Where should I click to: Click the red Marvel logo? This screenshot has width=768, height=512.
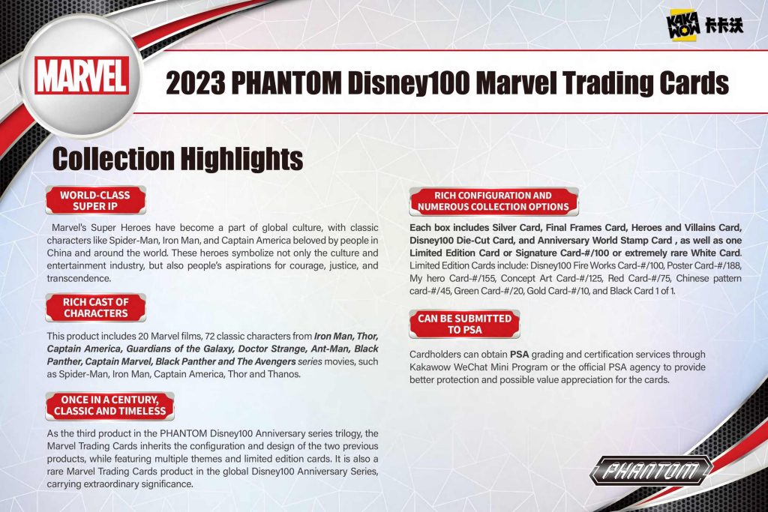[82, 76]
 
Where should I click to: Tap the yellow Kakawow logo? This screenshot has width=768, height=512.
[683, 26]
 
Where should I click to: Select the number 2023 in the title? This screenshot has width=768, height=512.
[196, 82]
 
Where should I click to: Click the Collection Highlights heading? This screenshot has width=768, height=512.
[177, 159]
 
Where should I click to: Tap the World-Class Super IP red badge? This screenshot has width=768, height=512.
[95, 200]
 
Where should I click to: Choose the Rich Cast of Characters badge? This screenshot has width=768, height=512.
[95, 307]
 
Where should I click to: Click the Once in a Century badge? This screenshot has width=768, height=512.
[109, 406]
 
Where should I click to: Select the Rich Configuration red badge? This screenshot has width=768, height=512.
[493, 201]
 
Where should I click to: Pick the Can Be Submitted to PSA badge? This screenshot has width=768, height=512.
[464, 324]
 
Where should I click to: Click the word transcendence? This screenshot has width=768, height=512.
[79, 278]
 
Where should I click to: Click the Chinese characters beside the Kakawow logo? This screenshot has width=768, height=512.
[724, 25]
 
